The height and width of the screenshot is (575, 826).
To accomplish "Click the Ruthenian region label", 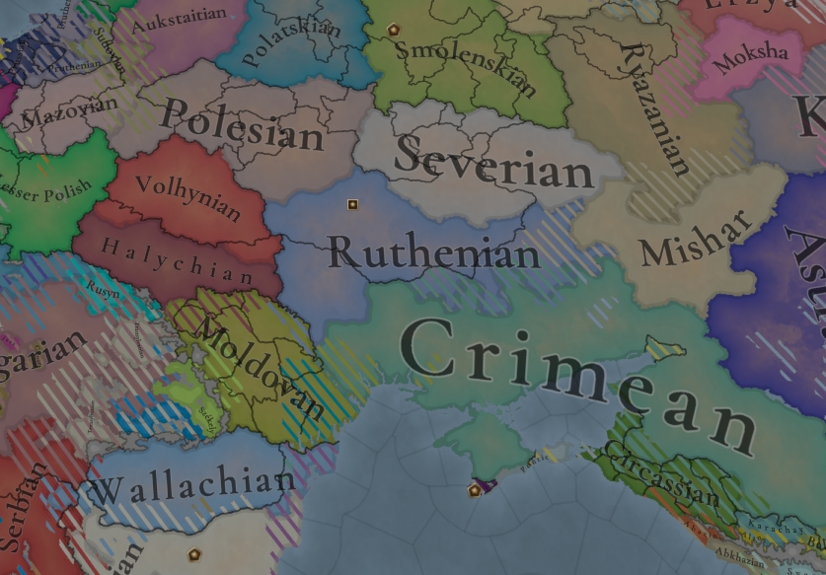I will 434,252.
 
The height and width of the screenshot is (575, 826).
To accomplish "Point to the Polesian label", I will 243,125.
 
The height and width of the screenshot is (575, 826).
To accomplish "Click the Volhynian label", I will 188,197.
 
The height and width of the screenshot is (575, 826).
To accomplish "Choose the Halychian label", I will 178,262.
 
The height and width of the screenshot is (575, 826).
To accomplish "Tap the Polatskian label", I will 292,40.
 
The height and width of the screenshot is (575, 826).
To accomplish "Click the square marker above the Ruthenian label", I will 352,205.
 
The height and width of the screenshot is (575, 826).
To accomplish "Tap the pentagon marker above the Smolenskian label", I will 395,30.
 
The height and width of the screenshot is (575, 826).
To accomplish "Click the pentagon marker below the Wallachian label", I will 194,554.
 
